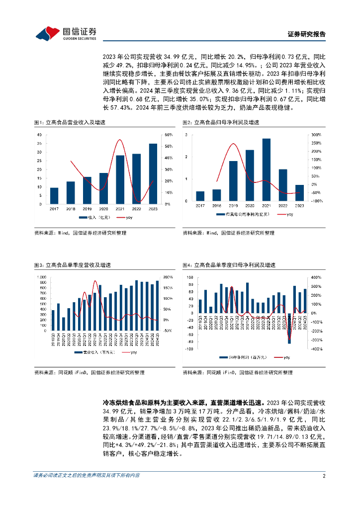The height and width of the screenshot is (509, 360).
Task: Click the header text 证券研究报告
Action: tap(307, 34)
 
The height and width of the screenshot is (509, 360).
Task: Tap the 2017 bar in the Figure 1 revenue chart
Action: tap(54, 196)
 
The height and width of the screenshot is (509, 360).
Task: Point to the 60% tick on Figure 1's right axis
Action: tap(168, 135)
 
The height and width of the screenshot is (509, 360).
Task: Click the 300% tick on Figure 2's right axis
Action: tap(317, 135)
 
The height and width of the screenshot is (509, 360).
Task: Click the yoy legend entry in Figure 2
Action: tap(285, 214)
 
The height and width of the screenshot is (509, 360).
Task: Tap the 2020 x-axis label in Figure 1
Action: tap(103, 209)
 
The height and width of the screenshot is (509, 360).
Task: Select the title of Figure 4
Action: tap(228, 265)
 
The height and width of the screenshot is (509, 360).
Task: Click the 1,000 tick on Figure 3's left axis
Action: tap(42, 277)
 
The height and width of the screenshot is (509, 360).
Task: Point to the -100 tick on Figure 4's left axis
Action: tap(189, 349)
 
